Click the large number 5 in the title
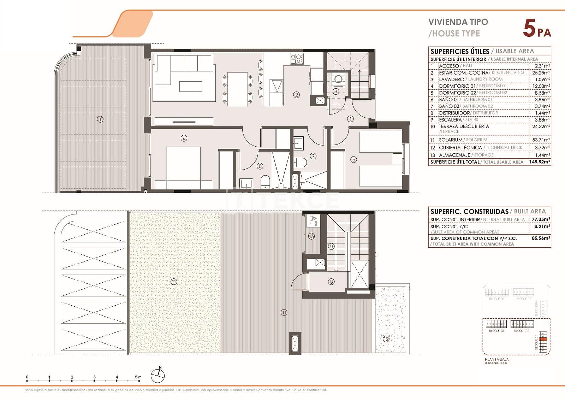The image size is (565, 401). (529, 28)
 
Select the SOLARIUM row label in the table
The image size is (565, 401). (450, 140)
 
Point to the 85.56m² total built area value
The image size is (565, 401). (541, 238)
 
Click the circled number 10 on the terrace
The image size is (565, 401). (100, 119)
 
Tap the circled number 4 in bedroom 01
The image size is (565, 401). (184, 138)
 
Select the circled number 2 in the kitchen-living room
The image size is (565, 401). (297, 95)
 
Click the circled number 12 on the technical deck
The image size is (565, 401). (386, 339)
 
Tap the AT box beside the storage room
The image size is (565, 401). (313, 221)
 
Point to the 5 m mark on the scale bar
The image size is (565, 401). (138, 377)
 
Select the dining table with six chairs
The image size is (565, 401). (237, 89)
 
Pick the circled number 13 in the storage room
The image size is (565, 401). (311, 236)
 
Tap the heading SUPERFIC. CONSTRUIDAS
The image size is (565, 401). (469, 212)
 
